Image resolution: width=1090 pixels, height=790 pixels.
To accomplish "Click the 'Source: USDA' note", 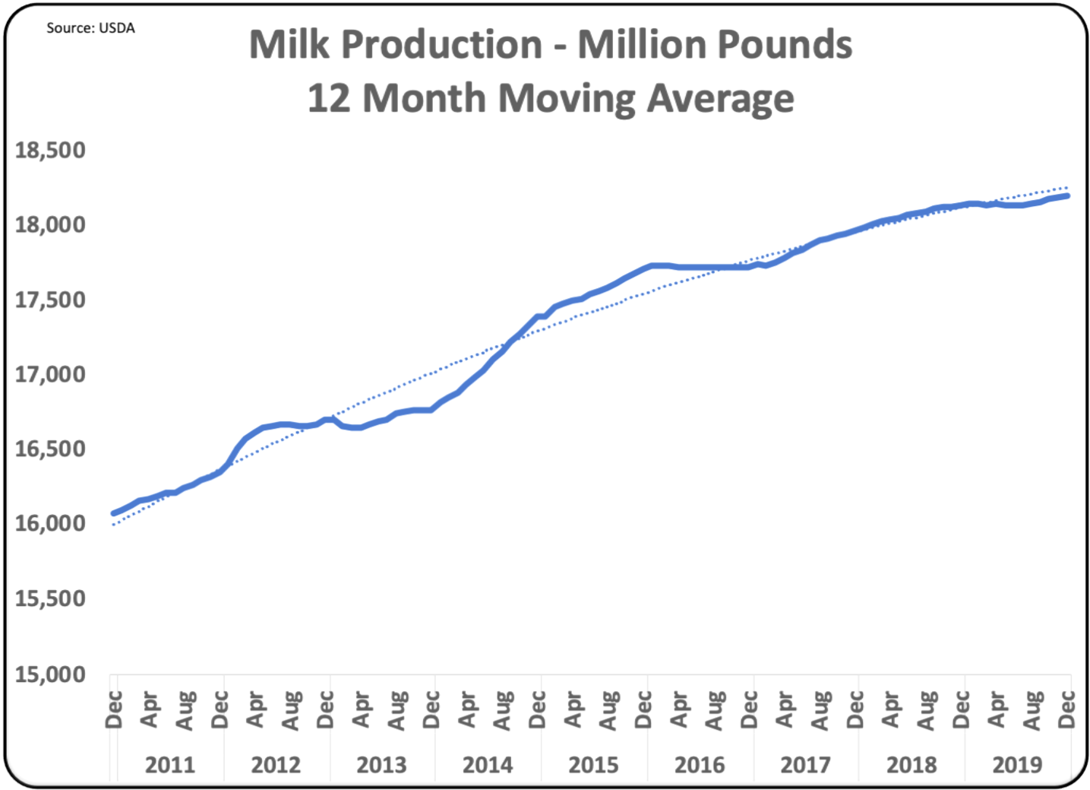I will click(x=90, y=28).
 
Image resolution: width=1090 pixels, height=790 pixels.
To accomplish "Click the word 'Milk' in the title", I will click(x=289, y=45).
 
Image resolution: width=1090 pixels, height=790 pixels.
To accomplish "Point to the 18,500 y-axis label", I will click(x=50, y=151).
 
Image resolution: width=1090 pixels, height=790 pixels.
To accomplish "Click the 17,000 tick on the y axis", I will click(x=50, y=374).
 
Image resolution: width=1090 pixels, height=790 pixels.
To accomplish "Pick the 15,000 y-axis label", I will click(x=50, y=674).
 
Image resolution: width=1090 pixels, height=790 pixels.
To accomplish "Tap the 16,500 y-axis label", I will click(x=50, y=449).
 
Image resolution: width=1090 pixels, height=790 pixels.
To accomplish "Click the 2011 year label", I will click(x=170, y=764).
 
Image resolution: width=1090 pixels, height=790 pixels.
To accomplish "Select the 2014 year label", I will click(x=488, y=764).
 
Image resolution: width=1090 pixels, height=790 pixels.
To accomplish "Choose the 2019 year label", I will click(x=1017, y=764).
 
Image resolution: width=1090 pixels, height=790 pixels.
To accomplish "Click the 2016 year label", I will click(x=700, y=764).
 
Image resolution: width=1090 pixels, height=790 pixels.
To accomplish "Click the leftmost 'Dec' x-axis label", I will click(x=114, y=709).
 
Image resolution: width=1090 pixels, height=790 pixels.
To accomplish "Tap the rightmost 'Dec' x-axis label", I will click(x=1066, y=709).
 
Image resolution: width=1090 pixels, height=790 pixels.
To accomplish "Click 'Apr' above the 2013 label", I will click(x=361, y=709).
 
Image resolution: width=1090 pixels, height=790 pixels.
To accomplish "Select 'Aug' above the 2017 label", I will click(x=820, y=709).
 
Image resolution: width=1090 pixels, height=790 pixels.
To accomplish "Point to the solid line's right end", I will click(x=1067, y=195).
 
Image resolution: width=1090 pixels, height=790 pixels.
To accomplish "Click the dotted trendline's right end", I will click(x=1067, y=187).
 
